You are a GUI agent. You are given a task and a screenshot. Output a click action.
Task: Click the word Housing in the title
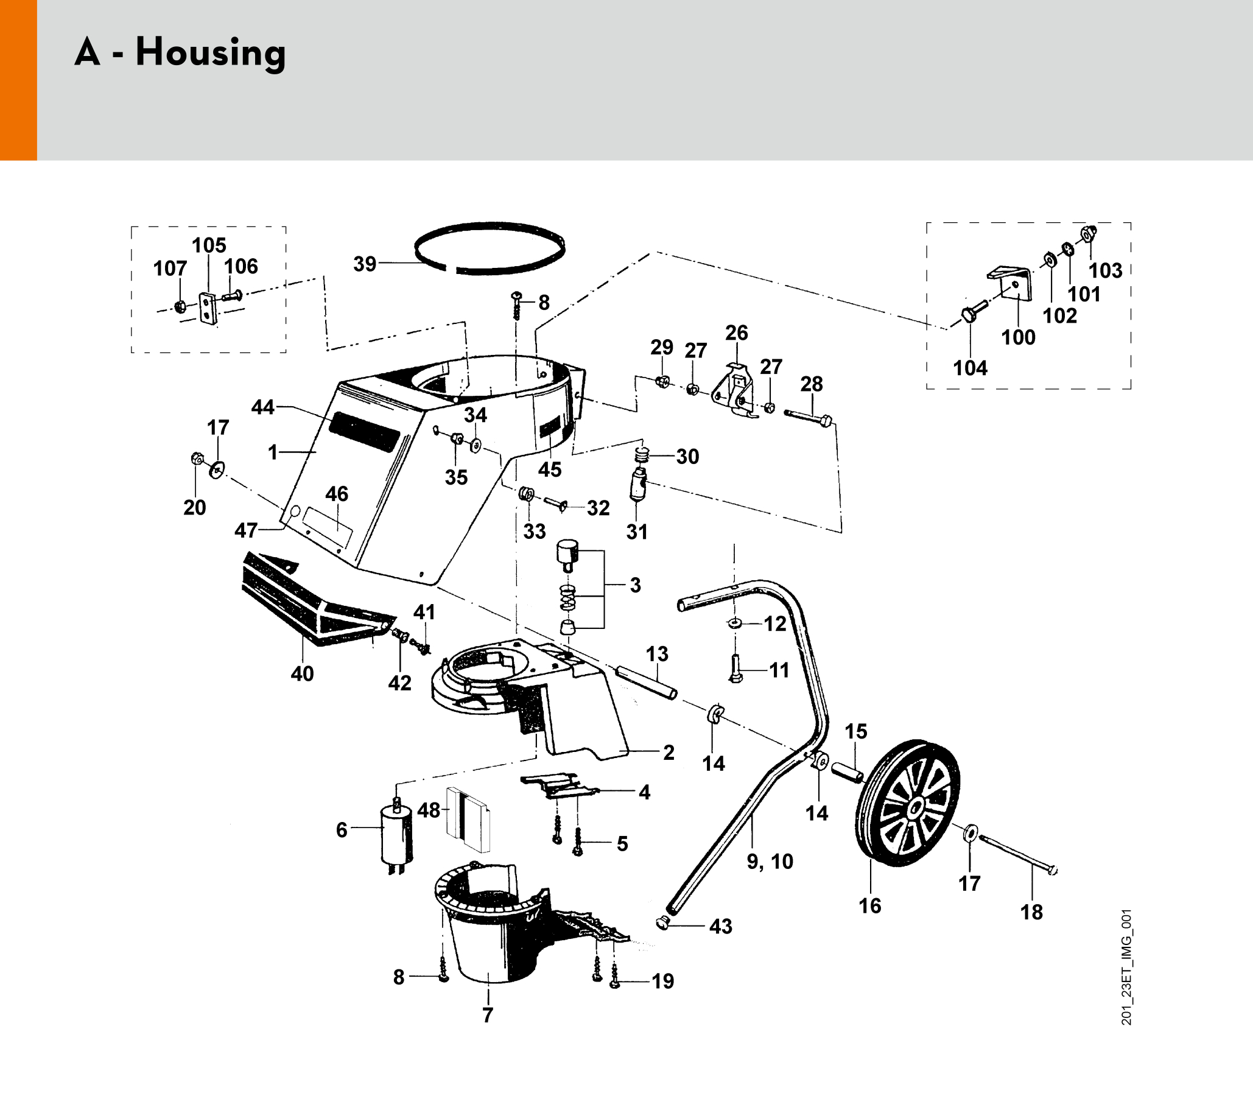coord(211,52)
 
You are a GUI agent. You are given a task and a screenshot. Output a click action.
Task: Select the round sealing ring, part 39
coord(490,249)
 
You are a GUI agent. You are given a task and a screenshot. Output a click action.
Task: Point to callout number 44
coord(263,407)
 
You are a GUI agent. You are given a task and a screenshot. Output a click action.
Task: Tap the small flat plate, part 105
coord(208,308)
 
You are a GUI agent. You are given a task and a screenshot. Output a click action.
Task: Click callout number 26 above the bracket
coord(736,333)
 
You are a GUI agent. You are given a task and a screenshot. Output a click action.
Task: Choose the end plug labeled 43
coord(662,923)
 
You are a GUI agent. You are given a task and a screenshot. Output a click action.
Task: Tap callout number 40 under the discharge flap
coord(302,674)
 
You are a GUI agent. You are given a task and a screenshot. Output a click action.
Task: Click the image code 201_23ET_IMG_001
coord(1127,967)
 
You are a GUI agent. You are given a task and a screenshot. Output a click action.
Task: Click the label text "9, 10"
coord(770,862)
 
